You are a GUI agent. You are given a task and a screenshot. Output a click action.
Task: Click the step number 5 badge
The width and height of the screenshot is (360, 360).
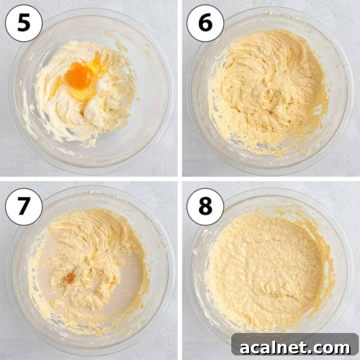[24, 24]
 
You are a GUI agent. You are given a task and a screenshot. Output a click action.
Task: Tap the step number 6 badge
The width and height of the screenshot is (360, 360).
[205, 24]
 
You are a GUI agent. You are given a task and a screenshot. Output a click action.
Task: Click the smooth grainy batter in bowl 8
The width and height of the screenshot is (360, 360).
[264, 270]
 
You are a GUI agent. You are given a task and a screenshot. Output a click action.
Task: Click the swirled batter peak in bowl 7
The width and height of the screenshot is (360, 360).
[90, 228]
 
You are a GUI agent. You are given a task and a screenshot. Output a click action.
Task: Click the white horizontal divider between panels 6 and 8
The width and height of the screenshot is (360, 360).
[270, 179]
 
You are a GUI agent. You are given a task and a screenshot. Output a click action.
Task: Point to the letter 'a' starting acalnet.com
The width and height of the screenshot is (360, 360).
[245, 349]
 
